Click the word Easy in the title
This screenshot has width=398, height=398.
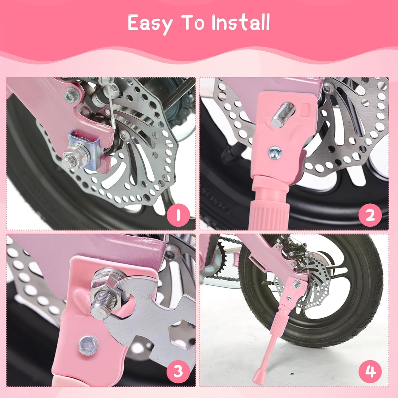(150, 23)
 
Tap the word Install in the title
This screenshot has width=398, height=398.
(240, 23)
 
